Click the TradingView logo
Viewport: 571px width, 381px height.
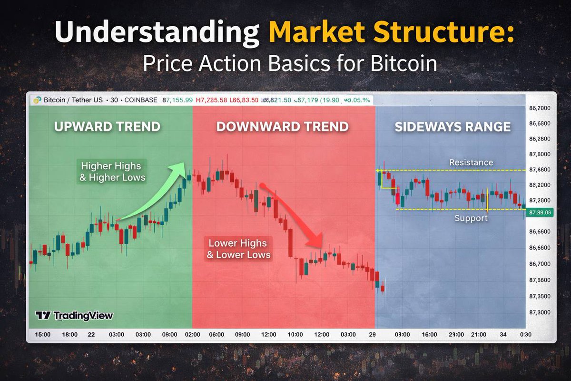(x=74, y=316)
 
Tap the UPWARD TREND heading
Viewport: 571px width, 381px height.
(x=107, y=127)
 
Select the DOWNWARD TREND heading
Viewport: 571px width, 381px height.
(x=283, y=127)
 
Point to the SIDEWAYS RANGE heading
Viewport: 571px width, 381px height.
(x=453, y=127)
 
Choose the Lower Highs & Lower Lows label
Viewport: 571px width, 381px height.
(x=238, y=249)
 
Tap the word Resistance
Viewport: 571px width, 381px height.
(x=471, y=162)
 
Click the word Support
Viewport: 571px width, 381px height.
(x=471, y=218)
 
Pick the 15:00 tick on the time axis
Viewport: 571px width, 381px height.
(x=42, y=335)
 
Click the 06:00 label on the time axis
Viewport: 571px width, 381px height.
(x=217, y=335)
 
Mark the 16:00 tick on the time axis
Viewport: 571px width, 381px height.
(x=429, y=335)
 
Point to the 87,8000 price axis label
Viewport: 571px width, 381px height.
(x=540, y=154)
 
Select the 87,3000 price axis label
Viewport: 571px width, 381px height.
(x=540, y=312)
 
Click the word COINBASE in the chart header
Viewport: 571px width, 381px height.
(x=141, y=100)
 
